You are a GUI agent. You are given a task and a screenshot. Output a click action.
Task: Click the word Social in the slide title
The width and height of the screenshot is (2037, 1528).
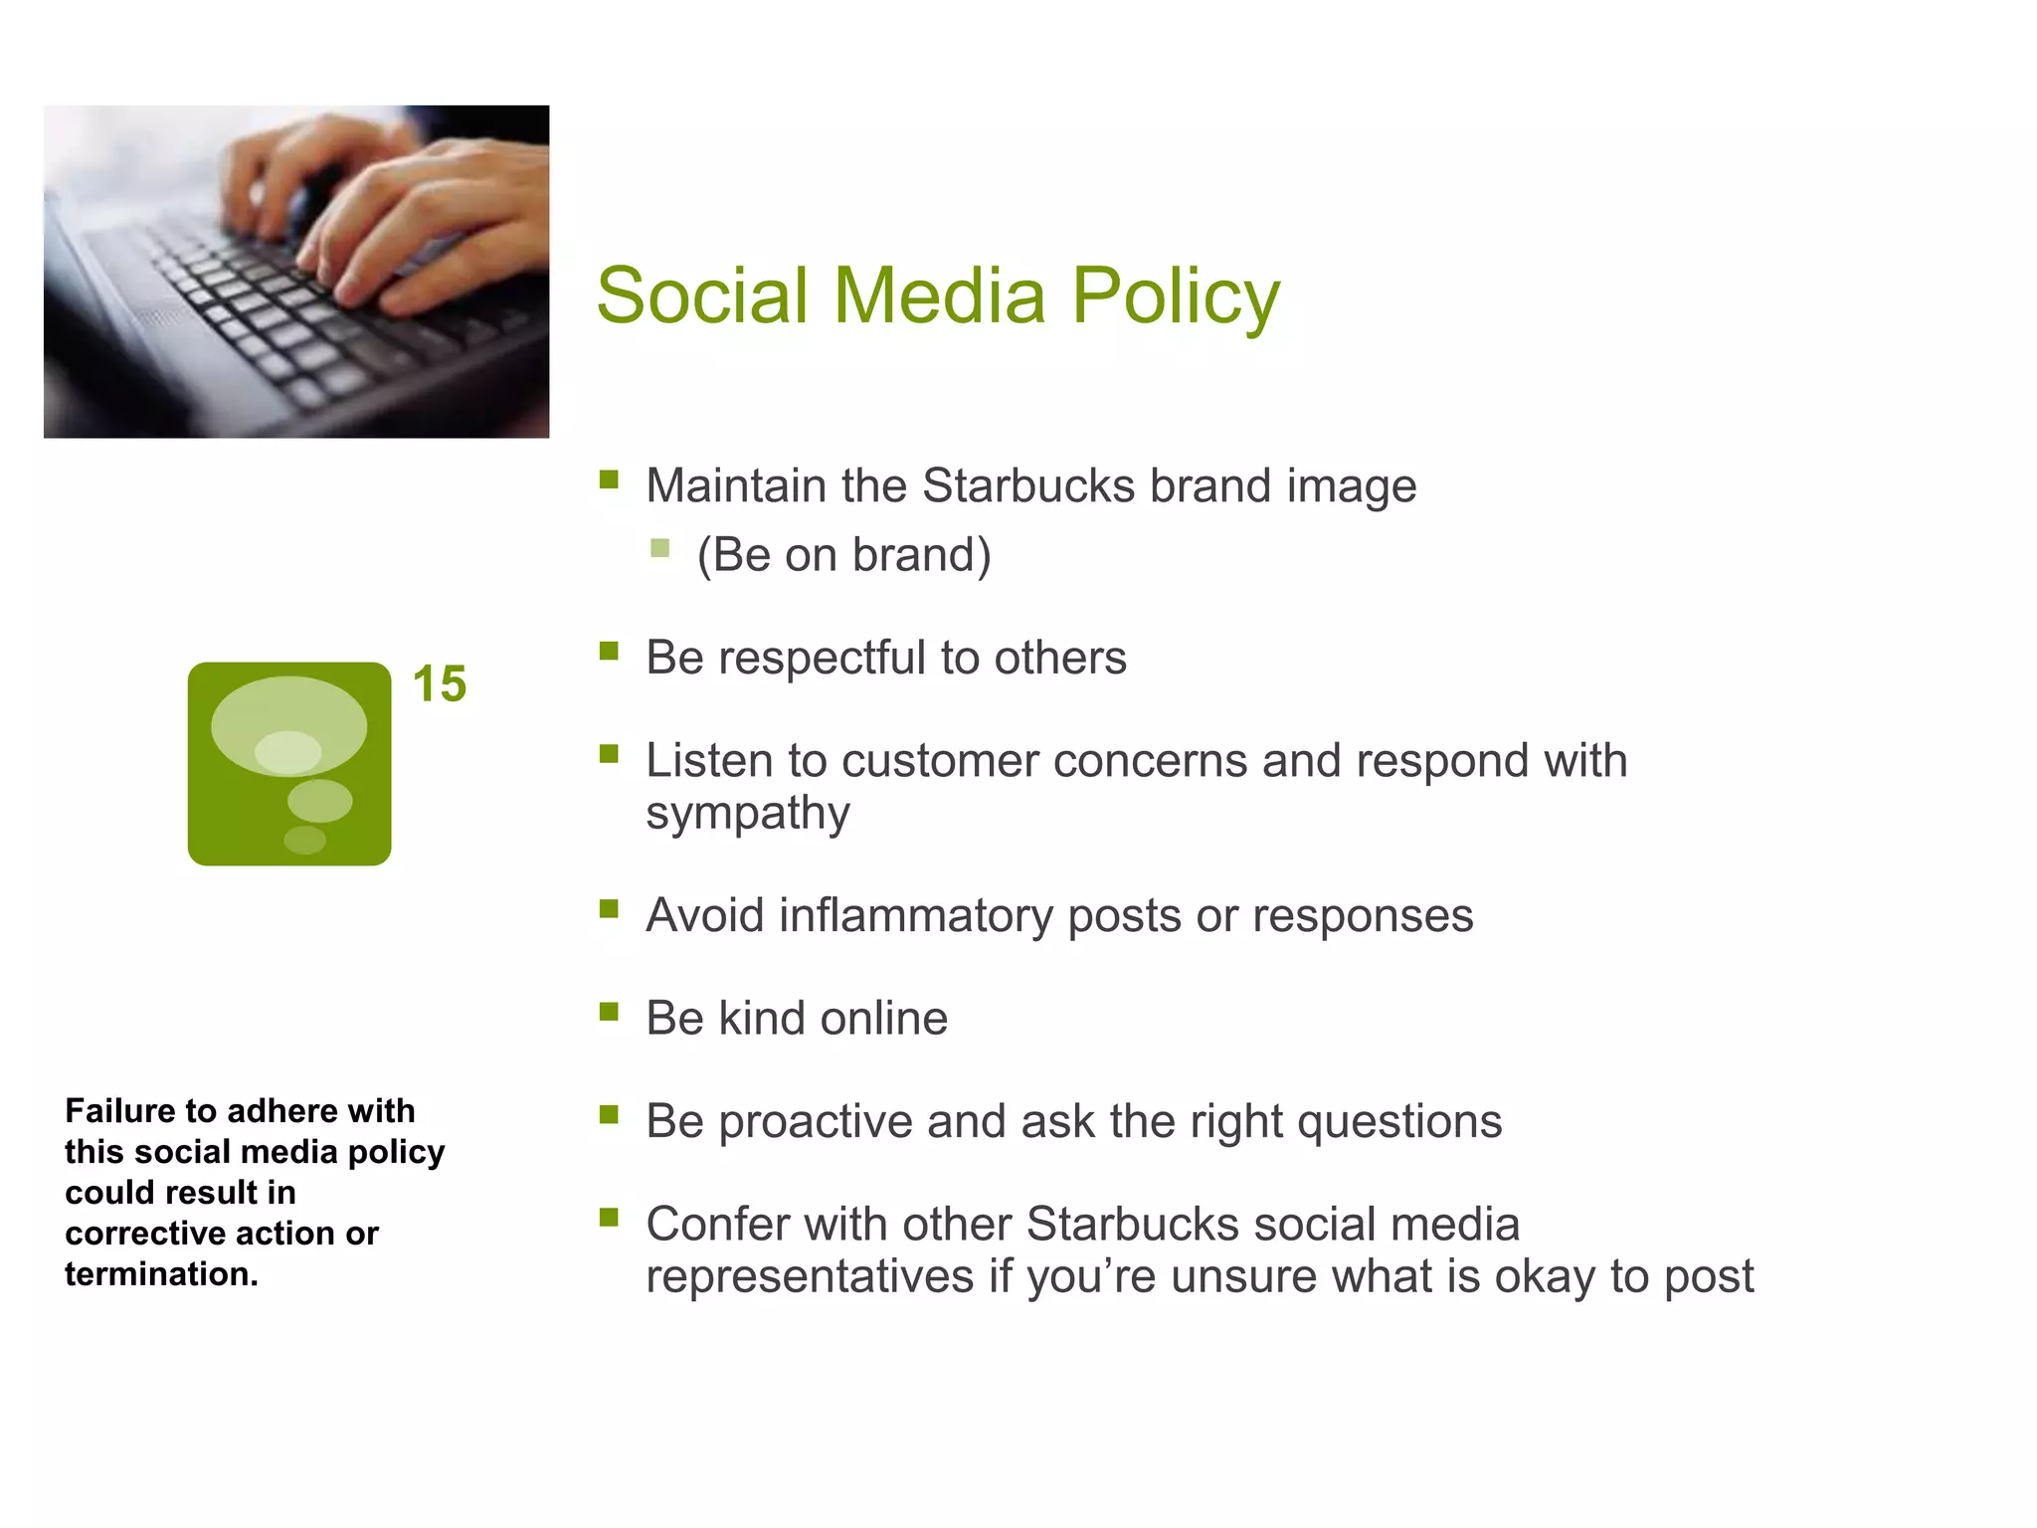[x=701, y=296]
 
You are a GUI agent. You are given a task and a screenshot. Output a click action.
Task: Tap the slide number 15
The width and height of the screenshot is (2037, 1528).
[x=439, y=684]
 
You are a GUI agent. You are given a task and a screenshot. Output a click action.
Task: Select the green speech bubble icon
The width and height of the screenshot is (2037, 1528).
[x=289, y=763]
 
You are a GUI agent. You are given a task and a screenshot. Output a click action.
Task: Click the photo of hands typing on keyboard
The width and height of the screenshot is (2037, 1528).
[x=296, y=272]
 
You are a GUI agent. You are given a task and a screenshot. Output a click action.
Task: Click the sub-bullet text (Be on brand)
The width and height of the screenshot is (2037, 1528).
[x=843, y=555]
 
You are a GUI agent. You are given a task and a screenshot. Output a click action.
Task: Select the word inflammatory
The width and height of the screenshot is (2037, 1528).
[x=915, y=915]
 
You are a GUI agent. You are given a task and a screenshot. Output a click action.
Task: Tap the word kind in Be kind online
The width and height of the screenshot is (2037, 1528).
[x=762, y=1019]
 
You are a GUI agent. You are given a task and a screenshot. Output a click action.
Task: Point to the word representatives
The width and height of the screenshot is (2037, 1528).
[x=809, y=1277]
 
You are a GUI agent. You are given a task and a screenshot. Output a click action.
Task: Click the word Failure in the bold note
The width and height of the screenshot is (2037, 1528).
[x=119, y=1110]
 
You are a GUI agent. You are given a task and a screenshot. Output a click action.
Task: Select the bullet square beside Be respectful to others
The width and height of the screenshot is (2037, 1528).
[x=609, y=652]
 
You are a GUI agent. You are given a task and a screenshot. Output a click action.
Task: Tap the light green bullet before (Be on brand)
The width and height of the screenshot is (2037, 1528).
[x=659, y=548]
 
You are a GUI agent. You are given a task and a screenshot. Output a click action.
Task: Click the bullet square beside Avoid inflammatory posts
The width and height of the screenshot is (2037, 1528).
[x=609, y=909]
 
